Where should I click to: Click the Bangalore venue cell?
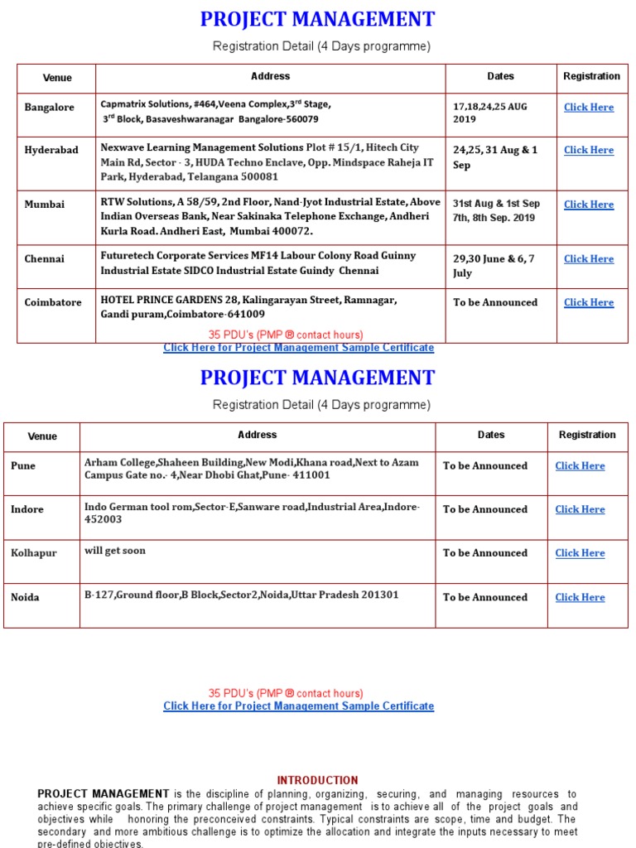coord(50,108)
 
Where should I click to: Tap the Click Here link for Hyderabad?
coord(588,150)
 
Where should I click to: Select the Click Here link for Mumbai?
coord(588,205)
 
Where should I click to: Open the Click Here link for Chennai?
coord(588,259)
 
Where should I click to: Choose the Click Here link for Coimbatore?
coord(588,303)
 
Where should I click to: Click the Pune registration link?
coord(580,466)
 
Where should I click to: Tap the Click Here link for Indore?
coord(580,510)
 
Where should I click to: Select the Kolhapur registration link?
coord(580,553)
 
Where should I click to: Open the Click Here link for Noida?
coord(580,597)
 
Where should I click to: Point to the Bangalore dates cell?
coord(490,113)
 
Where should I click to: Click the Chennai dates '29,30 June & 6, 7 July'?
coord(494,266)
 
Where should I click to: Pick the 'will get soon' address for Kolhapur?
coord(115,551)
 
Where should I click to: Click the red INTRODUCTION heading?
coord(317,780)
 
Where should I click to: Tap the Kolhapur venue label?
coord(34,553)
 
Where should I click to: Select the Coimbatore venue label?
coord(53,303)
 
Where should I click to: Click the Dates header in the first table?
coord(500,76)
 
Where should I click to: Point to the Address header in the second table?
coord(257,435)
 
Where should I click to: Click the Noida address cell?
coord(242,595)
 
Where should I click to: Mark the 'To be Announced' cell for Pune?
coord(485,466)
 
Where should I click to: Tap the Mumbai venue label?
coord(45,205)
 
